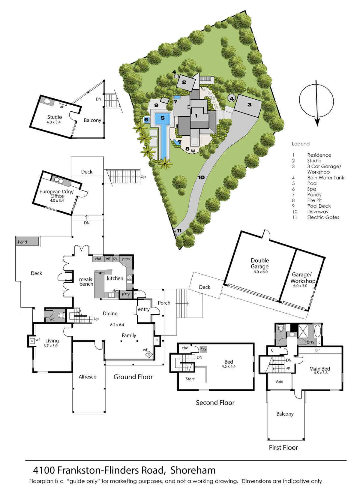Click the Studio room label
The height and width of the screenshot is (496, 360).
point(55,117)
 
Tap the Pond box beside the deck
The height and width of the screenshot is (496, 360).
point(28,242)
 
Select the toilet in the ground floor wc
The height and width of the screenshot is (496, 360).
point(61,315)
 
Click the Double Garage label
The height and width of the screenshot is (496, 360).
point(259,263)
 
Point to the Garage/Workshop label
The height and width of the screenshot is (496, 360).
point(302,278)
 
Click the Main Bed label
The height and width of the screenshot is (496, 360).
point(319,369)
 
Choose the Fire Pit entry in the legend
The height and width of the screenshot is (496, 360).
point(314,200)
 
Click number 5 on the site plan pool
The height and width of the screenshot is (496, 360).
point(163,118)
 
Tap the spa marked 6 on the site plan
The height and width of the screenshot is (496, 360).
point(146,120)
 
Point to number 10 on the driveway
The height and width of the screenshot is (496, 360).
point(201,177)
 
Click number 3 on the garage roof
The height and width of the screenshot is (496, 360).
point(250,104)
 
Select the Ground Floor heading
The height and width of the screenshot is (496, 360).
point(133,377)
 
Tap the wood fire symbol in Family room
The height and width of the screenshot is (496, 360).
point(149,354)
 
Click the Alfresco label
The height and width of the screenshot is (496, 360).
point(88,377)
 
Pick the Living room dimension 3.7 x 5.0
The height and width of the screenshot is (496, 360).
point(50,346)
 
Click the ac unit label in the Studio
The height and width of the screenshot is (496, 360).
point(62,107)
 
